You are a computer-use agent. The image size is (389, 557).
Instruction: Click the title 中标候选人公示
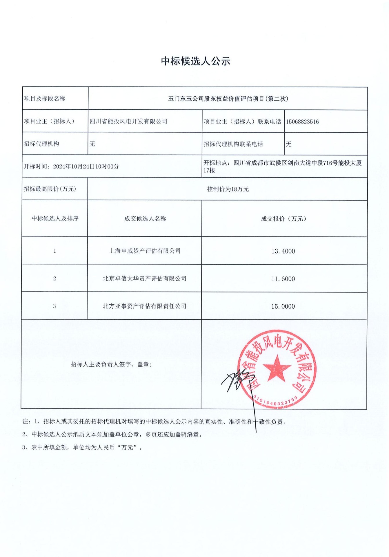point(196,61)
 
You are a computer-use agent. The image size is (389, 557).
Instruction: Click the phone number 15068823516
point(302,122)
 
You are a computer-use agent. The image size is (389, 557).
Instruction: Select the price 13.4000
point(283,251)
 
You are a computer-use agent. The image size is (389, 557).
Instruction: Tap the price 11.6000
point(283,279)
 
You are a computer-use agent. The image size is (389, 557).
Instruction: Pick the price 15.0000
point(283,306)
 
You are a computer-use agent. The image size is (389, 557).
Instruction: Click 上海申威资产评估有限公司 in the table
point(145,251)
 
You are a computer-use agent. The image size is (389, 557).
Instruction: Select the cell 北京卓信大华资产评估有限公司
point(145,278)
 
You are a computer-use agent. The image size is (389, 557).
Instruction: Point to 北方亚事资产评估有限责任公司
point(145,306)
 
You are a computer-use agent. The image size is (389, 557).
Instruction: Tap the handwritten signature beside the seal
point(238,380)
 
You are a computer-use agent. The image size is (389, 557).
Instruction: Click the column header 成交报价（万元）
point(283,219)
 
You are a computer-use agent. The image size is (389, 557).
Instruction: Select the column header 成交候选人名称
point(145,219)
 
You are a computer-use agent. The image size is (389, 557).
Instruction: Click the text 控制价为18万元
point(228,189)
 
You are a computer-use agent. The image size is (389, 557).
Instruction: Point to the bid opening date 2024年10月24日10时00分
point(86,167)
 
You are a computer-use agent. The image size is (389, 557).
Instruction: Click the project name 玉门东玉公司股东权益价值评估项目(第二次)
point(228,99)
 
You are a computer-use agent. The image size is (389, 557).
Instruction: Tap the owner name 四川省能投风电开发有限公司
point(128,121)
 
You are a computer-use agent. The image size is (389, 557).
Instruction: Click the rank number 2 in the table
point(54,278)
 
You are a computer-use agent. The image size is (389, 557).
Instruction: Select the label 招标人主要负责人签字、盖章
point(111,364)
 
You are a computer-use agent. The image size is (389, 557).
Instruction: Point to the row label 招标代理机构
point(41,144)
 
